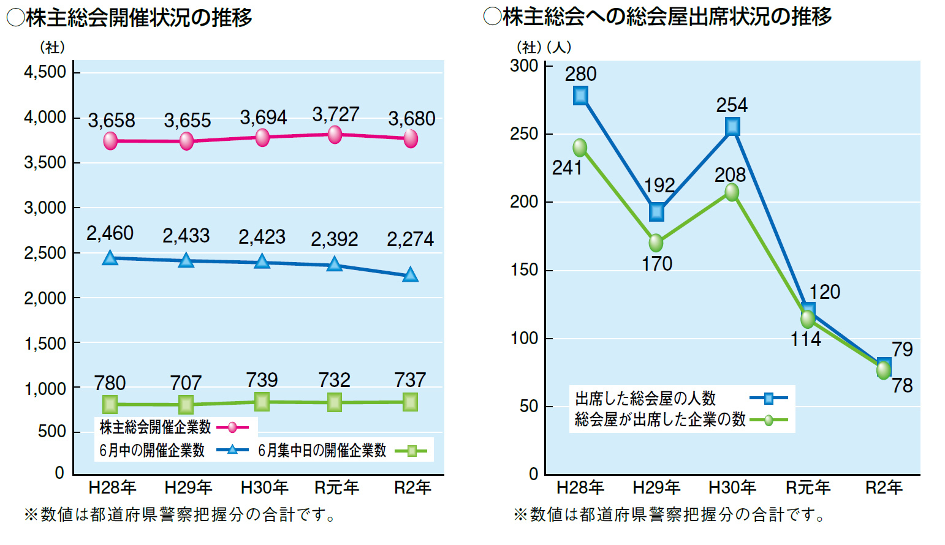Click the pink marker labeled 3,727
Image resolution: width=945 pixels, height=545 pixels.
point(335,135)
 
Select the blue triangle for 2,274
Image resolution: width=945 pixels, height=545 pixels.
point(410,275)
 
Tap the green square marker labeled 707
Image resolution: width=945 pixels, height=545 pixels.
point(186,404)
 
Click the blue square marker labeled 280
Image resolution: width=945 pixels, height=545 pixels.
point(580,96)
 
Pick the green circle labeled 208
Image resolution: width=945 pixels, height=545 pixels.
point(732,192)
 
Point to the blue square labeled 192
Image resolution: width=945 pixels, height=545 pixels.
point(656,212)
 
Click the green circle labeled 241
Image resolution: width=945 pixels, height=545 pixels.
point(580,148)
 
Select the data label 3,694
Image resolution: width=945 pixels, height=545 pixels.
point(263,117)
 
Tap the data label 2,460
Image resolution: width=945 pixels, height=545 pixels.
point(110,233)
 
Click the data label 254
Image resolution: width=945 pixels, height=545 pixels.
point(732,105)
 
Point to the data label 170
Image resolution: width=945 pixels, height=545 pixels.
point(657,264)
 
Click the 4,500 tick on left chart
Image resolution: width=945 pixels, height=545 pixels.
point(45,72)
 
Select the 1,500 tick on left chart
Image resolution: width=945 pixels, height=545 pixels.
point(45,344)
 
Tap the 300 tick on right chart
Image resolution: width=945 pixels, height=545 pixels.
point(524,66)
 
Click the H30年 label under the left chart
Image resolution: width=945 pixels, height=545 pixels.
point(264,487)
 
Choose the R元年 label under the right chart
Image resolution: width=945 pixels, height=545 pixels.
point(808,487)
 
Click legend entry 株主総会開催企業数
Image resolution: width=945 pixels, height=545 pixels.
point(155,427)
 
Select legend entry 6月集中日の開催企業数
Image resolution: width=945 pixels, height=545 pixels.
point(322,451)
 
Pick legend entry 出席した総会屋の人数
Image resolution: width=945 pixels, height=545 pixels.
point(645,399)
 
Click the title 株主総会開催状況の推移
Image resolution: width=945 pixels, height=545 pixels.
point(139,18)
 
